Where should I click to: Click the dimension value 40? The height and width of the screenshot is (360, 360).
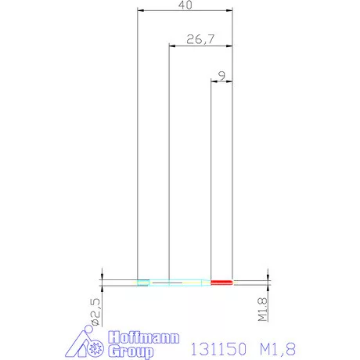pos(185,5)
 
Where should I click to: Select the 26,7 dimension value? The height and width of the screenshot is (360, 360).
pos(200,39)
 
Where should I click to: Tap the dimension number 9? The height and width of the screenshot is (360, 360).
pos(221,76)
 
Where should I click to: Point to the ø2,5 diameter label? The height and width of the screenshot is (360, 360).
pos(95,312)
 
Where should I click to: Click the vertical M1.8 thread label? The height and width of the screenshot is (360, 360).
pos(262,309)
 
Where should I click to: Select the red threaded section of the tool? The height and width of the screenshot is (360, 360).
pos(221,283)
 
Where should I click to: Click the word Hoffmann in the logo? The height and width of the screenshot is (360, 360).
pos(144,338)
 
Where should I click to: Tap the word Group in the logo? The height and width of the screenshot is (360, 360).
pos(131,351)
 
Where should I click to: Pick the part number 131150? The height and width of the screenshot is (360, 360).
pos(218,349)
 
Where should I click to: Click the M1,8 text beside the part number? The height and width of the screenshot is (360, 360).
pos(278,349)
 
